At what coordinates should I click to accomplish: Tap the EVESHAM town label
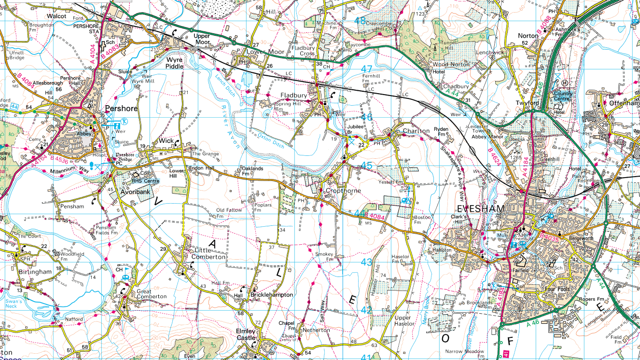point(480,208)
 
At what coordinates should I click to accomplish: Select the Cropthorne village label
point(343,191)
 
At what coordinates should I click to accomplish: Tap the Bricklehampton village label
point(271,294)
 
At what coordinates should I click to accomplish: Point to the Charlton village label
point(416,131)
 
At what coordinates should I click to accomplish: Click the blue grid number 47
point(366,69)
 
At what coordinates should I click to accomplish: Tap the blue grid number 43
point(366,262)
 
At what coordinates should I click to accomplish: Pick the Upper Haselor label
point(403,320)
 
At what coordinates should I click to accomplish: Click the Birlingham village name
point(35,272)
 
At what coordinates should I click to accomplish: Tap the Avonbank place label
point(136,192)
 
